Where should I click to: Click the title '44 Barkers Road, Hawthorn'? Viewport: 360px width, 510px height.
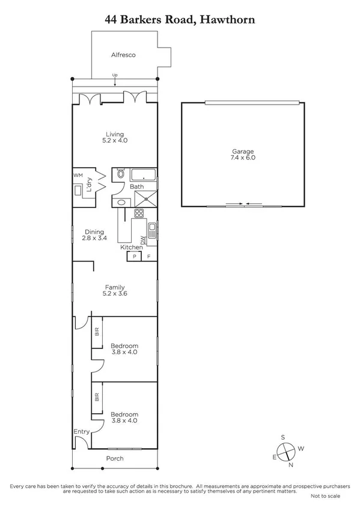[x=180, y=20]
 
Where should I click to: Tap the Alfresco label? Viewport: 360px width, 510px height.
[x=123, y=55]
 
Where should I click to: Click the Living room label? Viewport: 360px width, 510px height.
[x=115, y=134]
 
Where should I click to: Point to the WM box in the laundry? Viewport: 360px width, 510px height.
[x=77, y=175]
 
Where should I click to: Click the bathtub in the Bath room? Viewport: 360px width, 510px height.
[x=144, y=176]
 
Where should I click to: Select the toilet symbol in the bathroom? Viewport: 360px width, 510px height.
[x=120, y=174]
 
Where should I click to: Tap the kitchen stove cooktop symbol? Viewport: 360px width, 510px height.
[x=139, y=212]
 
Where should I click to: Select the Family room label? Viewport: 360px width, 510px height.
[x=115, y=286]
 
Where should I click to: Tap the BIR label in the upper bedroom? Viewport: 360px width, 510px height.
[x=97, y=331]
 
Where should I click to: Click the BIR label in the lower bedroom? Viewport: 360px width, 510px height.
[x=97, y=397]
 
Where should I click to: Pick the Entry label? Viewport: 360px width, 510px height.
[x=81, y=432]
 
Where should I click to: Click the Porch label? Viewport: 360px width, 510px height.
[x=115, y=458]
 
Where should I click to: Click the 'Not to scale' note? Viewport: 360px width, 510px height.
[x=325, y=496]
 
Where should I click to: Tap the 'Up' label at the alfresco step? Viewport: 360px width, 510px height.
[x=114, y=75]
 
